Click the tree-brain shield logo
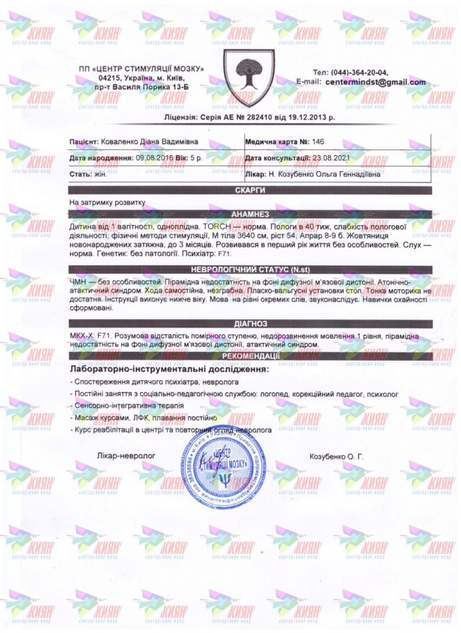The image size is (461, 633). [x=248, y=77]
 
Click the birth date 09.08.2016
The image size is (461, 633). [x=152, y=158]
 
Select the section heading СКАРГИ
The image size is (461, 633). [x=250, y=190]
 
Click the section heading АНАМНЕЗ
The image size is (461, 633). [x=250, y=214]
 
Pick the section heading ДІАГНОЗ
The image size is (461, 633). [x=250, y=323]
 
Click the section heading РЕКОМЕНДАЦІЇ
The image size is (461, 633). [x=250, y=356]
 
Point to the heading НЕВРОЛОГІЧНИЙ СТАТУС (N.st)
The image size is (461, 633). [x=250, y=270]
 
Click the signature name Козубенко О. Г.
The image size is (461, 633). [x=336, y=457]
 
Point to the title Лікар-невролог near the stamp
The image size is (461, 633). [x=126, y=456]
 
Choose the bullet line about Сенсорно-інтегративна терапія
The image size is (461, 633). [x=130, y=405]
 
